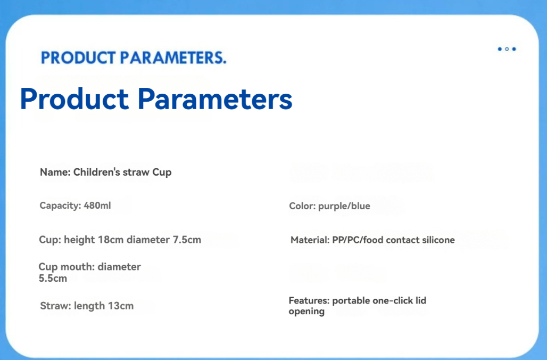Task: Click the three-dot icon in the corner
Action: pyautogui.click(x=507, y=49)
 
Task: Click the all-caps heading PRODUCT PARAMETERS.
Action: pyautogui.click(x=134, y=58)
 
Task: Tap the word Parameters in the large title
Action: pyautogui.click(x=215, y=99)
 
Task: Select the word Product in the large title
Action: pyautogui.click(x=74, y=99)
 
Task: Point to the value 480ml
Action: pyautogui.click(x=97, y=206)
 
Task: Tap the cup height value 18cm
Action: pyautogui.click(x=111, y=240)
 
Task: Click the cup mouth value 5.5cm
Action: pyautogui.click(x=53, y=279)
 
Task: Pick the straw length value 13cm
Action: pyautogui.click(x=121, y=306)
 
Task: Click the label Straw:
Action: pyautogui.click(x=55, y=306)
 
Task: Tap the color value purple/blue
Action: pyautogui.click(x=344, y=206)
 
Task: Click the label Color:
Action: pyautogui.click(x=302, y=206)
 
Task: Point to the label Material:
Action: pyautogui.click(x=310, y=240)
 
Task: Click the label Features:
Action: pyautogui.click(x=309, y=300)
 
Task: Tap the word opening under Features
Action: pyautogui.click(x=306, y=312)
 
